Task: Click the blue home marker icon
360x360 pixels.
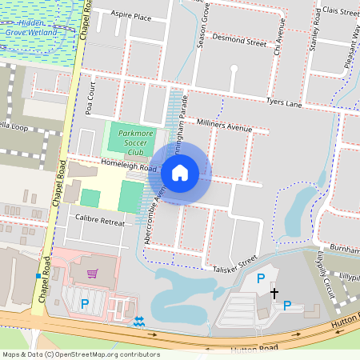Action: [x=180, y=172]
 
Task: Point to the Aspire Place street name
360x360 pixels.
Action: [x=131, y=16]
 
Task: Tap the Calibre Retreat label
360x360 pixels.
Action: [x=100, y=218]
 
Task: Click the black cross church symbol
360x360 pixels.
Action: [x=274, y=293]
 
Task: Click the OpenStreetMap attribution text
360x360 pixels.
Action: [x=80, y=354]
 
